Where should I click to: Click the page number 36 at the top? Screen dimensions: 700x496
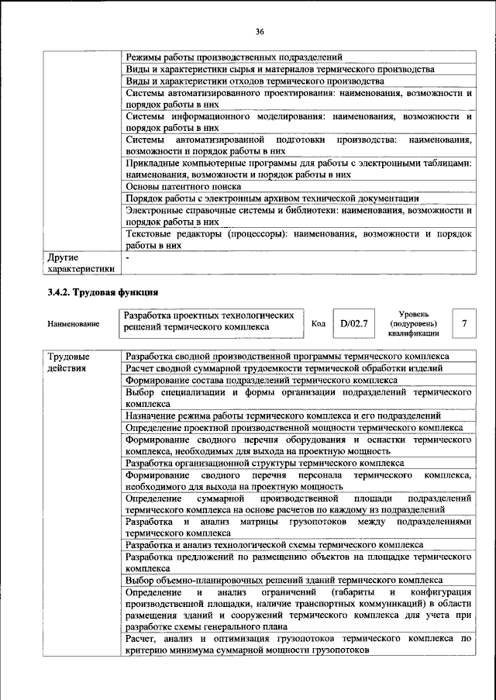click(259, 31)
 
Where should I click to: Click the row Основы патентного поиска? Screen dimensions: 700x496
click(183, 186)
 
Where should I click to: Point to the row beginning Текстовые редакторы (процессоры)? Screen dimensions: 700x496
click(298, 239)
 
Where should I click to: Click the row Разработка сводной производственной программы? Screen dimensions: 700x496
click(286, 356)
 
